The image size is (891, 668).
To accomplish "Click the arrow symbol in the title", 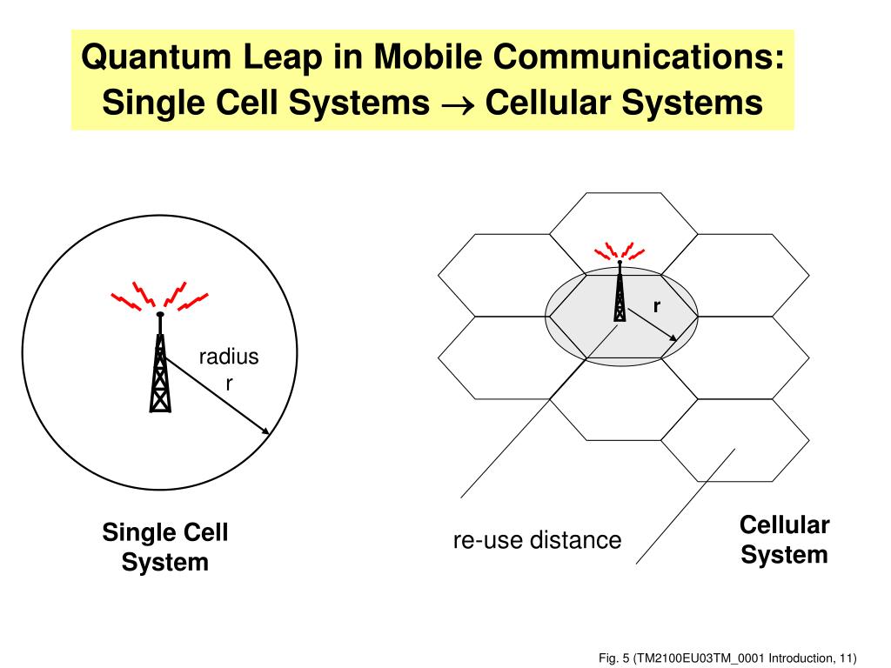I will tap(457, 104).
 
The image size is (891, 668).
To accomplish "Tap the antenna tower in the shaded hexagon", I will tap(619, 294).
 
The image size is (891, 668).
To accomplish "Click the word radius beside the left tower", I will tap(229, 356).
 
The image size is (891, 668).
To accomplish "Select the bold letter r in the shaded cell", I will tap(657, 306).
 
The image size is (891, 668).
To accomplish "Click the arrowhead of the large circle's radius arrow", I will tap(264, 430).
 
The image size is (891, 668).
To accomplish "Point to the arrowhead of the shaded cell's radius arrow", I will tap(673, 339).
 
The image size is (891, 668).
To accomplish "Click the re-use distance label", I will tap(537, 540).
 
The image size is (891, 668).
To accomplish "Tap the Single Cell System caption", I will tap(165, 546).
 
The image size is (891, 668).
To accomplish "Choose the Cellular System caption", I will tap(784, 539).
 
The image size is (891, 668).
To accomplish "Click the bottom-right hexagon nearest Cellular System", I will tap(735, 439).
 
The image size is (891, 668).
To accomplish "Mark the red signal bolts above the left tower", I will tap(160, 296).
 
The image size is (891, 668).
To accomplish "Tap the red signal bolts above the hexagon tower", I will tap(619, 251).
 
